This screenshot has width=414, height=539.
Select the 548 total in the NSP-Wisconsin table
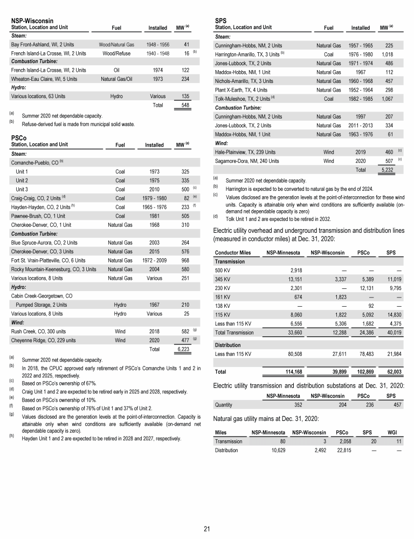pyautogui.click(x=185, y=106)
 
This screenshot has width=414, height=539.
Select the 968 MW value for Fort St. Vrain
pyautogui.click(x=183, y=260)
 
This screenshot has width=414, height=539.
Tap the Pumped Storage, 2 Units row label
pyautogui.click(x=42, y=305)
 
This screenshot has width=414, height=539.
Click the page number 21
pyautogui.click(x=207, y=528)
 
